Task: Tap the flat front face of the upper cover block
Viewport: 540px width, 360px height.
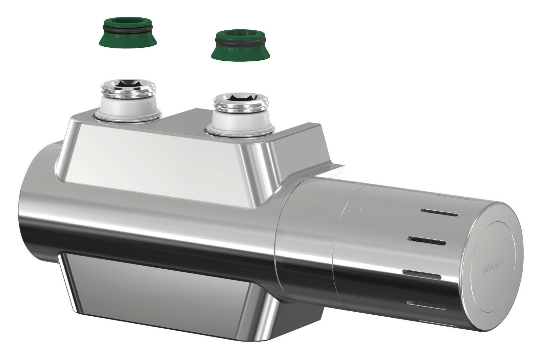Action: click(x=150, y=160)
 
